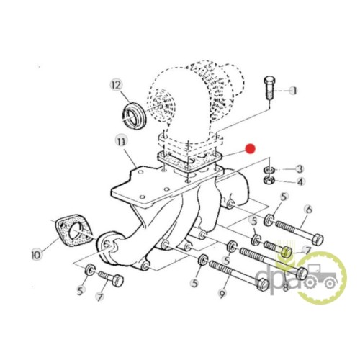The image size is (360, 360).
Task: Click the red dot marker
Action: (250, 149)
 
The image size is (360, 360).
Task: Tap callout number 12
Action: (117, 85)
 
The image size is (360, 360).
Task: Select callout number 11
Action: (121, 142)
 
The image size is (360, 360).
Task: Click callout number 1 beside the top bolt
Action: (293, 91)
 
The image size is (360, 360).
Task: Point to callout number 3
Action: (300, 169)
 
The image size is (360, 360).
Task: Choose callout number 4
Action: (300, 181)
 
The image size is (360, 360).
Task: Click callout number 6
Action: (309, 210)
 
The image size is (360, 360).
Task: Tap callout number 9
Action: (222, 293)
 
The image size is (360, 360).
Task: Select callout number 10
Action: (37, 254)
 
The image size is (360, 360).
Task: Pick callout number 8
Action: (285, 287)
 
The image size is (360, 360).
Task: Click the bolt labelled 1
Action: (269, 88)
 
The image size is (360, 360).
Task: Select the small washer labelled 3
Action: (269, 170)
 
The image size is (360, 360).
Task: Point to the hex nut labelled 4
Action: (269, 179)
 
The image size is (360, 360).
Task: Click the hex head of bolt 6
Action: (318, 239)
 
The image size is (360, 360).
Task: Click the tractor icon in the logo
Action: (320, 276)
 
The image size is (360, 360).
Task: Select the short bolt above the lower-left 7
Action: (111, 279)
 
